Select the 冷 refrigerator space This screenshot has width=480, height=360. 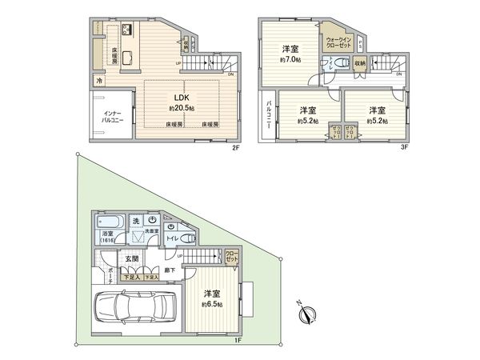pos(99,81)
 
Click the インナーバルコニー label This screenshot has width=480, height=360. pos(106,115)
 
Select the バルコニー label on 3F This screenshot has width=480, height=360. pos(266,119)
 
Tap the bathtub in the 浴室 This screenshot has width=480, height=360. pos(108,223)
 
